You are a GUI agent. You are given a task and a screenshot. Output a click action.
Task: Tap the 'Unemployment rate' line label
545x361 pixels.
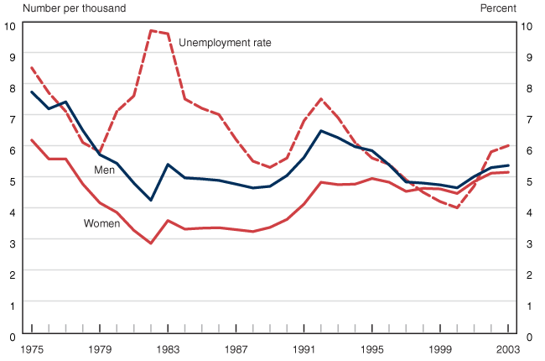(x=226, y=42)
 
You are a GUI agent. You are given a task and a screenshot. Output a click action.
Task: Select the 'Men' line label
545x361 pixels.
(x=105, y=170)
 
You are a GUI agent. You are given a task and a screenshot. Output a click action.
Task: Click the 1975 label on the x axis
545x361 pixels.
(x=32, y=348)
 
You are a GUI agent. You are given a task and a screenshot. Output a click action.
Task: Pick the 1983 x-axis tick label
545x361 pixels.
(x=168, y=348)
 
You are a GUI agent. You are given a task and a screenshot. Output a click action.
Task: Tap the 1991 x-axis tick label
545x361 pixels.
(x=304, y=348)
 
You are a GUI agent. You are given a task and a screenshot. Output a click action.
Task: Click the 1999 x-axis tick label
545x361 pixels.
(x=440, y=348)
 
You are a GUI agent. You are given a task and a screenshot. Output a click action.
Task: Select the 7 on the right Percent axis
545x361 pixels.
(x=525, y=119)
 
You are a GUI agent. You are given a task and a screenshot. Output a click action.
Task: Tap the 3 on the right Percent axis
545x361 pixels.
(x=525, y=243)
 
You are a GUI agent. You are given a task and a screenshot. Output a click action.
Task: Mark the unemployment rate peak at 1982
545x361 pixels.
(x=151, y=30)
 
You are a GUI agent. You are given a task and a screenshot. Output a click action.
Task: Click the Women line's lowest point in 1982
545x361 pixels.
(x=151, y=243)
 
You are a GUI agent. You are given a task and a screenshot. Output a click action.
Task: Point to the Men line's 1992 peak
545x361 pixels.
(x=321, y=131)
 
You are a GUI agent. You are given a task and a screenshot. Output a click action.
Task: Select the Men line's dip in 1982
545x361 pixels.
(x=151, y=200)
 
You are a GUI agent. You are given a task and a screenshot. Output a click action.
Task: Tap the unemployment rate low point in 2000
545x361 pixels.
(x=457, y=207)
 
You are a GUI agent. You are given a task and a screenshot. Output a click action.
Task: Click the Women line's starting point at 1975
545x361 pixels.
(x=32, y=140)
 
